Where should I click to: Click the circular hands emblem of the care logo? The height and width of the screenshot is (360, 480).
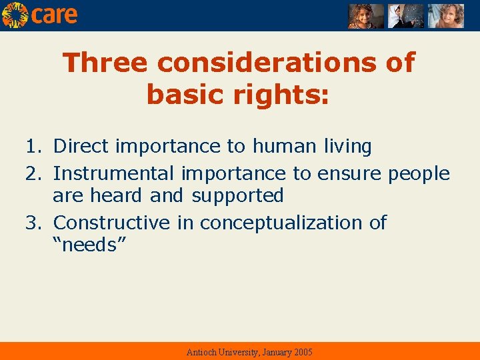pyautogui.click(x=15, y=15)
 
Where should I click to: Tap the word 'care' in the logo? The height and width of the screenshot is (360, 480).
pyautogui.click(x=55, y=15)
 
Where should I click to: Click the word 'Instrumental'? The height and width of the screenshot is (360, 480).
pyautogui.click(x=113, y=173)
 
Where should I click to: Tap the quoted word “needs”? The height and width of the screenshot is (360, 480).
pyautogui.click(x=89, y=245)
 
